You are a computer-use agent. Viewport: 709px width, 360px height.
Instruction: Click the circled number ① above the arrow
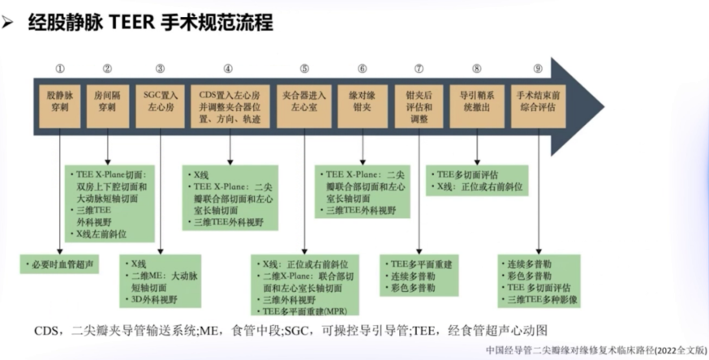[x=60, y=69]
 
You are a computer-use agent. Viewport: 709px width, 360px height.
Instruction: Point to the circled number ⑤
[x=304, y=69]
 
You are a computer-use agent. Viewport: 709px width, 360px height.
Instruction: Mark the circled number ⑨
[x=538, y=69]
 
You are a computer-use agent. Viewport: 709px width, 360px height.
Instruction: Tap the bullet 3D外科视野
[x=154, y=299]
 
